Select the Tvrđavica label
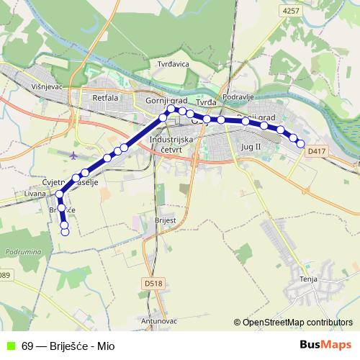point(173,64)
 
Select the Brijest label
point(166,219)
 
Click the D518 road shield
point(153,284)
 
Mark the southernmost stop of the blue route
point(65,231)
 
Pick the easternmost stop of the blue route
point(301,145)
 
